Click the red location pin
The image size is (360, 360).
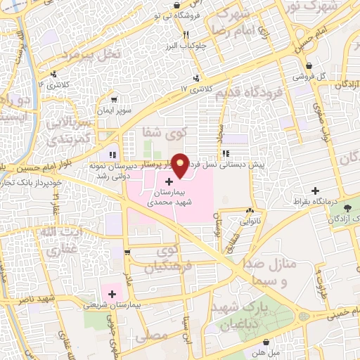(181, 165)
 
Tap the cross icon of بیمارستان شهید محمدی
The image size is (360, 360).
(168, 181)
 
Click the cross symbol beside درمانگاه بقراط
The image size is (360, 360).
(316, 191)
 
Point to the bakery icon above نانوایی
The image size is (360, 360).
(250, 210)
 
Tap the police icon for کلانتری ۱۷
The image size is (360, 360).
(196, 78)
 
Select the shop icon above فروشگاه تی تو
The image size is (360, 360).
(176, 6)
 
